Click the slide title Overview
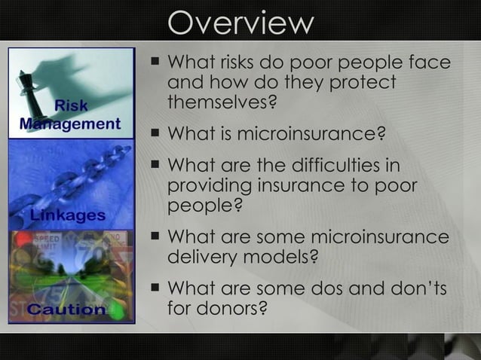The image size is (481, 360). click(x=240, y=23)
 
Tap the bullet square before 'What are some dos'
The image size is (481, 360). click(x=155, y=287)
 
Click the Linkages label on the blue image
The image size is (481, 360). click(x=68, y=215)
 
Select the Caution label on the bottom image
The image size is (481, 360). click(x=66, y=309)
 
